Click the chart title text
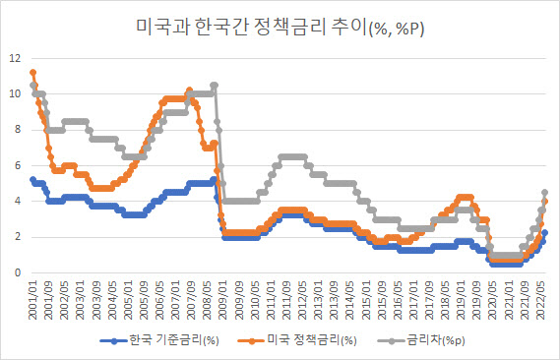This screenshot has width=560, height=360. [x=280, y=28]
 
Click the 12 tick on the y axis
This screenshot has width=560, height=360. [x=15, y=58]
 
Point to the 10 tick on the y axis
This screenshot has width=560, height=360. [x=15, y=93]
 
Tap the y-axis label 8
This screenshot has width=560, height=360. [x=18, y=130]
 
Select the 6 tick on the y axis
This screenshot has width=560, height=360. [x=18, y=165]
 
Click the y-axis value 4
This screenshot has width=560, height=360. [x=18, y=202]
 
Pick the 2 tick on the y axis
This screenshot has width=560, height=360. [x=18, y=237]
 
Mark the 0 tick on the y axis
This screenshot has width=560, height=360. [x=18, y=272]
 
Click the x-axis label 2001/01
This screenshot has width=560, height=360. [x=32, y=300]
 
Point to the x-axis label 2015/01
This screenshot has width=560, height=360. [x=366, y=300]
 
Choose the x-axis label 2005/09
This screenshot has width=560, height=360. [x=144, y=300]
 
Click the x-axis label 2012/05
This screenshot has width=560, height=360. [x=302, y=300]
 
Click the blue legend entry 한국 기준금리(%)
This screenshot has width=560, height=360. [x=159, y=340]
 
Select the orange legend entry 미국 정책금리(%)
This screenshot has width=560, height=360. [x=297, y=340]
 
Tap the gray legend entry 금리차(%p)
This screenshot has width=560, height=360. [x=421, y=340]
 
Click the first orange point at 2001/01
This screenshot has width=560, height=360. [x=32, y=73]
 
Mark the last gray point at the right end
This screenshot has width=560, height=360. [x=545, y=193]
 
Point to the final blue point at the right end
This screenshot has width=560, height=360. [x=545, y=233]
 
